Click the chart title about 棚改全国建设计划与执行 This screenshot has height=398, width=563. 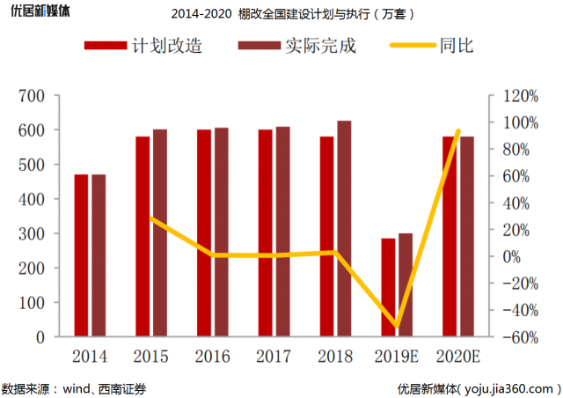click(x=290, y=14)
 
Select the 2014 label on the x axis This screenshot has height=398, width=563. click(x=90, y=357)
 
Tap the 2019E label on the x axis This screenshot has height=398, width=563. click(x=396, y=357)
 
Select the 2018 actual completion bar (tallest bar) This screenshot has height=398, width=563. click(x=345, y=229)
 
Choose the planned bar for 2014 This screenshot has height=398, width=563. click(x=81, y=255)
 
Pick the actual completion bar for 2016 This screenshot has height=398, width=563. click(x=222, y=232)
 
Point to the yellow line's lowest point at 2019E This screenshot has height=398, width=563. click(x=397, y=327)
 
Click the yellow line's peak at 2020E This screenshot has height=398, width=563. click(x=458, y=131)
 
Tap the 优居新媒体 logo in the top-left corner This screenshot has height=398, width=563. click(x=36, y=12)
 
